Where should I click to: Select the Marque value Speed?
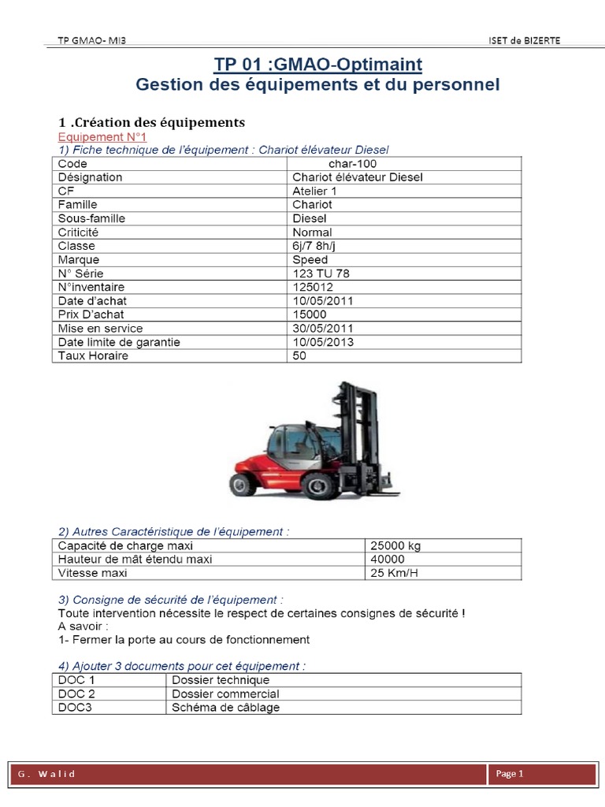(310, 259)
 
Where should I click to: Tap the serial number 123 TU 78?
(321, 273)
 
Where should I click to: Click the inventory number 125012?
(312, 287)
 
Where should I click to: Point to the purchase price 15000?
(309, 314)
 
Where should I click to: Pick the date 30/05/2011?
(324, 328)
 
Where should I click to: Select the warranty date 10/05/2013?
(324, 342)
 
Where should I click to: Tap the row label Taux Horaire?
(93, 355)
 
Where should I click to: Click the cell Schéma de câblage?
(225, 707)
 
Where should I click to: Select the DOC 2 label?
(77, 694)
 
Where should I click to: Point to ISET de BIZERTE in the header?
(525, 41)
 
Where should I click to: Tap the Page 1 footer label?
(510, 774)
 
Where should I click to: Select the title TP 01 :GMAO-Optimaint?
(318, 64)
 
